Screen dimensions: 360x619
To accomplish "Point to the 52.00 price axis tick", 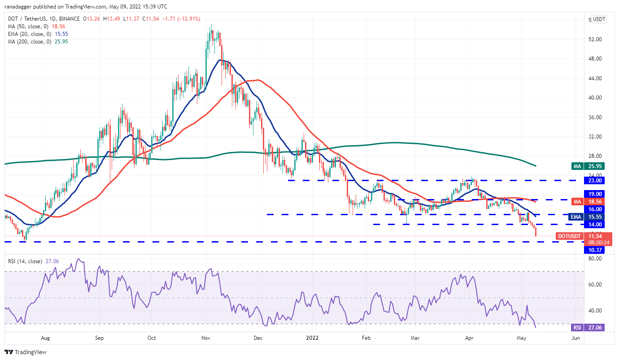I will (595, 39).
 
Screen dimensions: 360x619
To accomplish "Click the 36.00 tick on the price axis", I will (595, 117).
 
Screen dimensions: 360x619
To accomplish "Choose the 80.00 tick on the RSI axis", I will (595, 259).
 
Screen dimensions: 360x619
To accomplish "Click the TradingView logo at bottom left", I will (26, 352).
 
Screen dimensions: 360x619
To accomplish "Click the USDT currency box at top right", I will (598, 19).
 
